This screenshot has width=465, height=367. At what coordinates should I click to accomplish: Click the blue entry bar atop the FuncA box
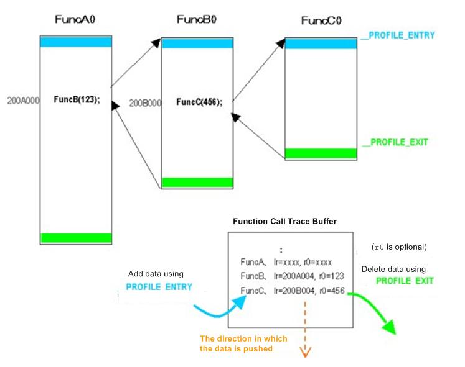pos(75,42)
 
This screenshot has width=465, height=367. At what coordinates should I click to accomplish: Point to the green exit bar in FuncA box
pos(75,238)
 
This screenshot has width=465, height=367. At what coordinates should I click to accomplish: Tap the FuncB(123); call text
pos(76,100)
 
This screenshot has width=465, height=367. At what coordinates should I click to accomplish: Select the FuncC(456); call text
pos(199,102)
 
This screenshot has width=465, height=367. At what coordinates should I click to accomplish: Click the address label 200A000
pos(24,100)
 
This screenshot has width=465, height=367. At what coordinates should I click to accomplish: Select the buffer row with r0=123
pos(291,276)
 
